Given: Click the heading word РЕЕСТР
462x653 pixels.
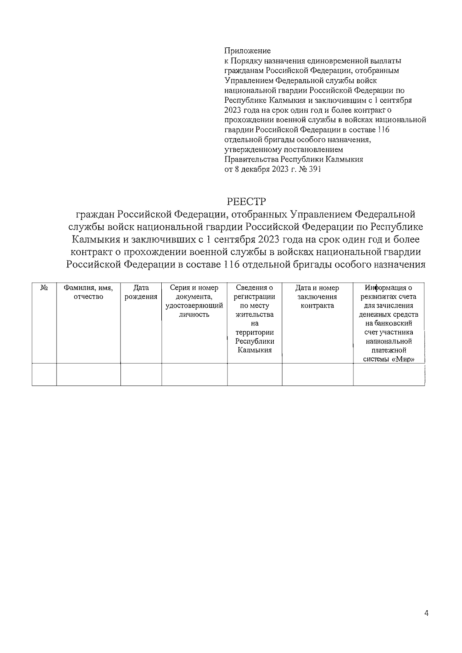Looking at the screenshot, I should [246, 202].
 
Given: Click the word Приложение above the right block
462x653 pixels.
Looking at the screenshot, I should [248, 51].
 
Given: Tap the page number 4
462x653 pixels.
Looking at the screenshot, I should [426, 614].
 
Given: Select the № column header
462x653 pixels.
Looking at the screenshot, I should [44, 288].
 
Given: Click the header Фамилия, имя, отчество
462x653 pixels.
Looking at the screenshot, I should [88, 292].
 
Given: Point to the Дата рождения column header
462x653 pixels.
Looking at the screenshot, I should [141, 292].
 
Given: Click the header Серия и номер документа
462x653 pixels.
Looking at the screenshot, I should [194, 292].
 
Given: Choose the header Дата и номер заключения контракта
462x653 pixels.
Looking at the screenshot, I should [317, 297].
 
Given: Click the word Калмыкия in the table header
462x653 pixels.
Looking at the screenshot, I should [254, 350].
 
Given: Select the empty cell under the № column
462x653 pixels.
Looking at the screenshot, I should [44, 374].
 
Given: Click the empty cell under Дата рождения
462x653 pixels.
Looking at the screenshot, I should [141, 374].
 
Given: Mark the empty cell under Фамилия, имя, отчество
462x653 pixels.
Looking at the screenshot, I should [88, 374].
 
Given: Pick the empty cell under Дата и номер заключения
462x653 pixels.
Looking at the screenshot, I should [317, 374].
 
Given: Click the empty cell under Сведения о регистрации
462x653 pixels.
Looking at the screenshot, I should [254, 374].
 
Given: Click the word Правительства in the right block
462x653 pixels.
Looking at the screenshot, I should [251, 159].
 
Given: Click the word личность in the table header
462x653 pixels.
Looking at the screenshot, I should [194, 315].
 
